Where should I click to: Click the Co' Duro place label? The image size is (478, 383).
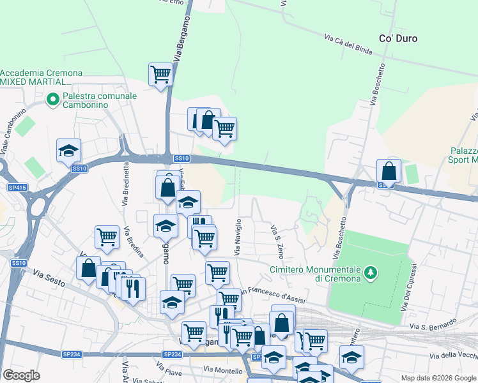pyautogui.click(x=398, y=38)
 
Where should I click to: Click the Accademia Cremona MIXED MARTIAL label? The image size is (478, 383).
pyautogui.click(x=36, y=77)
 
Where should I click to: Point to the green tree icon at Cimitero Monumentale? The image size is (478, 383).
pyautogui.click(x=370, y=274)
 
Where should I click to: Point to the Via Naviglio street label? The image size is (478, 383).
pyautogui.click(x=239, y=237)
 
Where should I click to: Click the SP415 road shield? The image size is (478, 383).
pyautogui.click(x=17, y=188)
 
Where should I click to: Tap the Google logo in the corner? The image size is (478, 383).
pyautogui.click(x=21, y=375)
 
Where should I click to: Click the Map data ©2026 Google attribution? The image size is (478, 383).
pyautogui.click(x=438, y=378)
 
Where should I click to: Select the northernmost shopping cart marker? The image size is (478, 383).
pyautogui.click(x=160, y=74)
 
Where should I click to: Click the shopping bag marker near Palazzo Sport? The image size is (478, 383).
pyautogui.click(x=389, y=171)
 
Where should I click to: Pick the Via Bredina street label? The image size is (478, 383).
pyautogui.click(x=135, y=241)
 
